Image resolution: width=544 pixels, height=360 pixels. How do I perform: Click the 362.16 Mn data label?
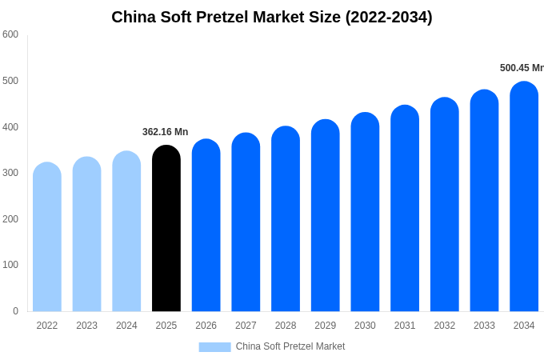(x=166, y=132)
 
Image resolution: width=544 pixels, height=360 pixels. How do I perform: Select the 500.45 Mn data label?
(x=521, y=68)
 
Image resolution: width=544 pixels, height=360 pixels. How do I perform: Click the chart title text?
(x=272, y=17)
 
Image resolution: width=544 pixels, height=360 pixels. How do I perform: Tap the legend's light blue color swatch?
(x=214, y=347)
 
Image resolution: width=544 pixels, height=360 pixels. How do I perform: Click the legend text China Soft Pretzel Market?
(x=290, y=346)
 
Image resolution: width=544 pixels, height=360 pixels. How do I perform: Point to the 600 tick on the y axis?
(x=10, y=34)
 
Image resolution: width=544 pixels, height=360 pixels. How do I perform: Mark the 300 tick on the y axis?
(x=10, y=173)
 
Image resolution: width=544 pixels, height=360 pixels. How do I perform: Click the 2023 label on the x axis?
(x=86, y=326)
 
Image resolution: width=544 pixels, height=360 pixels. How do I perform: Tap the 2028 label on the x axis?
(x=286, y=326)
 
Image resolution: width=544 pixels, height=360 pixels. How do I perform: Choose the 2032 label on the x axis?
(x=445, y=326)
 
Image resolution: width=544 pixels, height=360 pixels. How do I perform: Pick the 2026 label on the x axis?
(x=206, y=326)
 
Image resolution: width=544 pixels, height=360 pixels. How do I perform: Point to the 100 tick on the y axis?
(x=10, y=265)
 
